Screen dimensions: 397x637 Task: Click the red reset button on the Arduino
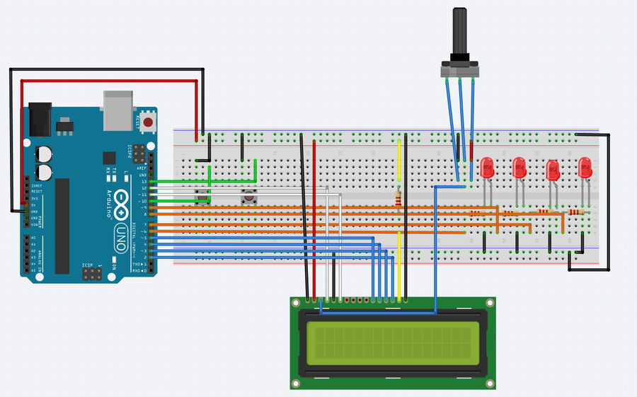point(148,122)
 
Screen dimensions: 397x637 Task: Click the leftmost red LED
point(487,168)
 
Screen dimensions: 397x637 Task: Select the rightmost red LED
point(585,168)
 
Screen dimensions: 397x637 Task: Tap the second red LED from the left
point(519,168)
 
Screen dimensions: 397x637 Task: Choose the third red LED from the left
point(553,170)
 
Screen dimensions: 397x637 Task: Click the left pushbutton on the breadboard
point(202,199)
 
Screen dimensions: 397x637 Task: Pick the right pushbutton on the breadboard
point(248,199)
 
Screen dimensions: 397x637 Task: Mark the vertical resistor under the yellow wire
point(399,199)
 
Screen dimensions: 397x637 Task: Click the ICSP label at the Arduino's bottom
point(87,265)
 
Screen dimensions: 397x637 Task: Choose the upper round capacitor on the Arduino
point(45,154)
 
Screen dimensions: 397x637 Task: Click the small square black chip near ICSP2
point(109,159)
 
